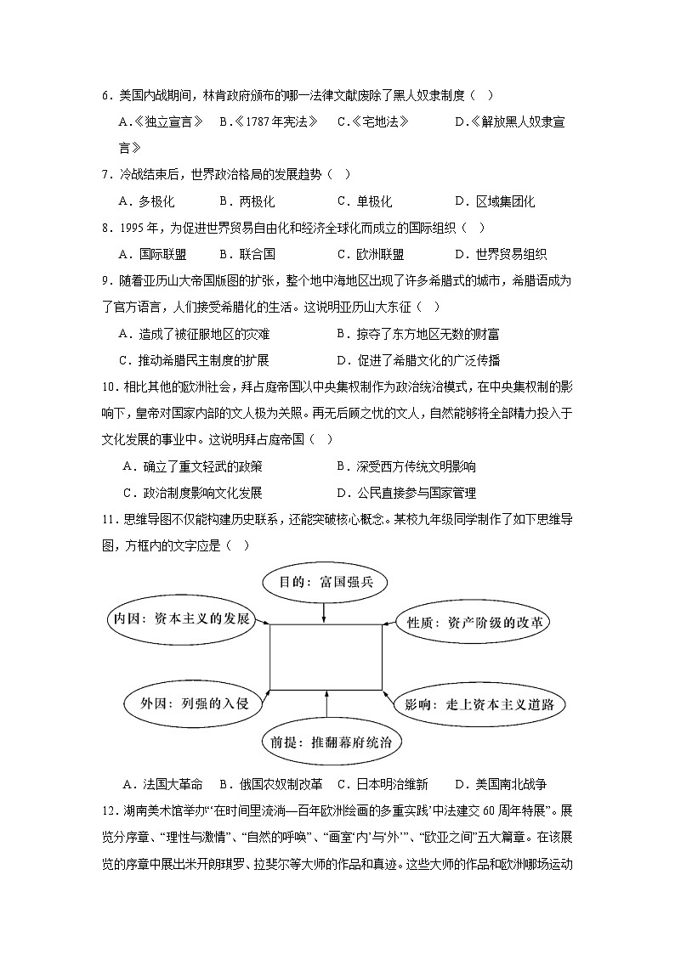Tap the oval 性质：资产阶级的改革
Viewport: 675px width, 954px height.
pyautogui.click(x=473, y=623)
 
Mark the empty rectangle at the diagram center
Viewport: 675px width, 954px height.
pyautogui.click(x=326, y=658)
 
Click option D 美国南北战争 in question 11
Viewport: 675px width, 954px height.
pyautogui.click(x=500, y=784)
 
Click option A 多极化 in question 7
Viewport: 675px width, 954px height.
pyautogui.click(x=146, y=201)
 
